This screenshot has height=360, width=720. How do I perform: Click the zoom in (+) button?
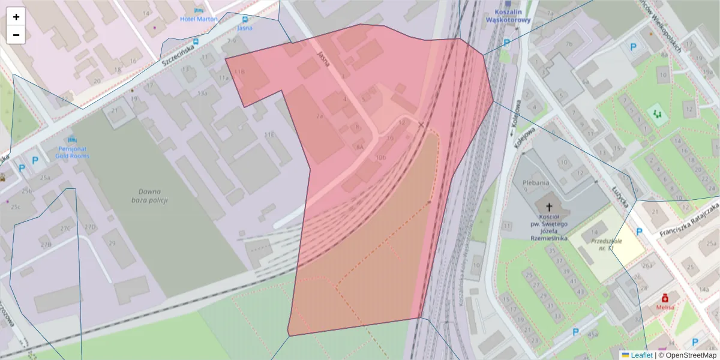[16, 17]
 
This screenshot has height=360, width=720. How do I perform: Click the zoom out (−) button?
[16, 35]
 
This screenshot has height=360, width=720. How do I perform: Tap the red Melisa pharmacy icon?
[665, 298]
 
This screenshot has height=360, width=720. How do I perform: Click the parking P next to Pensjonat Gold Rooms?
[35, 160]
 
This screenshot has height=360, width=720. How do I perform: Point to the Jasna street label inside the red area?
[324, 59]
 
